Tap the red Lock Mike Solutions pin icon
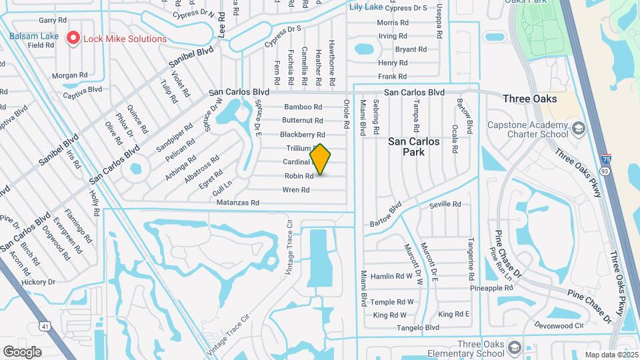(73, 39)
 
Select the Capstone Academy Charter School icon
(578, 127)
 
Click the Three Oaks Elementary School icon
(514, 348)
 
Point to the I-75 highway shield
(605, 160)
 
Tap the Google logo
(22, 351)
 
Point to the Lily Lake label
(366, 7)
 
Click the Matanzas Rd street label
(237, 202)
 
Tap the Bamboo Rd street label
(303, 107)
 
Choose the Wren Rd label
(296, 190)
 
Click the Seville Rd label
(445, 204)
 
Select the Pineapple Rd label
(491, 289)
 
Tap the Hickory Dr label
(38, 282)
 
